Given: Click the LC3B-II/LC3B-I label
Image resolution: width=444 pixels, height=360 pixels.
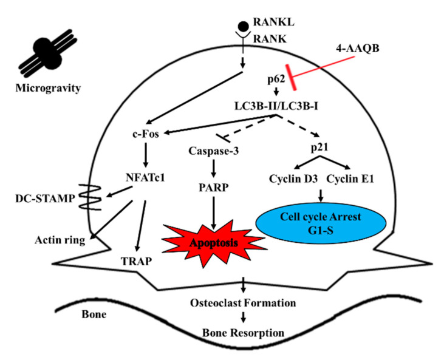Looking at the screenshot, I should tap(270, 105).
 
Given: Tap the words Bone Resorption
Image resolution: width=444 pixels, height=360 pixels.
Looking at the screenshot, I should tap(243, 333).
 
